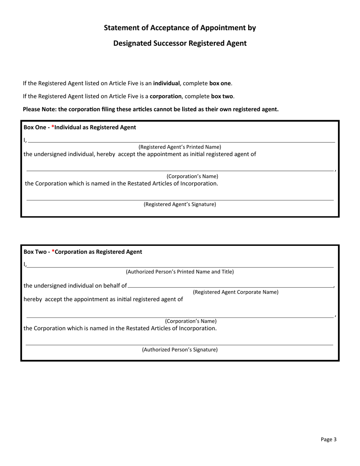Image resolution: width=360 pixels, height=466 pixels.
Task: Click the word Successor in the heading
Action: pos(164,43)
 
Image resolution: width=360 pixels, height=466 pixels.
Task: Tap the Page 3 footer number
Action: pos(328,439)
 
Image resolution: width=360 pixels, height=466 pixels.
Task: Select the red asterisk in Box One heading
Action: pos(53,127)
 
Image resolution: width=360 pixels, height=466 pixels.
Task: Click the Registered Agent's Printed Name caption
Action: pos(180,147)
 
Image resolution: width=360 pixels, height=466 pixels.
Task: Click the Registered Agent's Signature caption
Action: pos(180,204)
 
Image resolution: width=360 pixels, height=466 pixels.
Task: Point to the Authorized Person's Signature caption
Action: pos(180,350)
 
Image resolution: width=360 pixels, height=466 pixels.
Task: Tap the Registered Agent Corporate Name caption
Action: pos(235,292)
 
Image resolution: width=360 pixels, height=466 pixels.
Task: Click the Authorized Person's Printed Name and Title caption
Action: pos(180,272)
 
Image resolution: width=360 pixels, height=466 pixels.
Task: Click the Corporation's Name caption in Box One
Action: pos(192,177)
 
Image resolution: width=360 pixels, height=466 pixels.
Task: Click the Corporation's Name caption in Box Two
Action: pos(191,321)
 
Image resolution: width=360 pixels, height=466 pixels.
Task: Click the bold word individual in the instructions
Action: pos(166,83)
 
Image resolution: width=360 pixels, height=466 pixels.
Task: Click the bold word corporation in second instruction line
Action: pos(166,96)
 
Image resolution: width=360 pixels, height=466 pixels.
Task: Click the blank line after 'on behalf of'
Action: pos(230,286)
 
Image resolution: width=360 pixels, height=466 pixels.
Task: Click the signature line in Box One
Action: pos(180,199)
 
